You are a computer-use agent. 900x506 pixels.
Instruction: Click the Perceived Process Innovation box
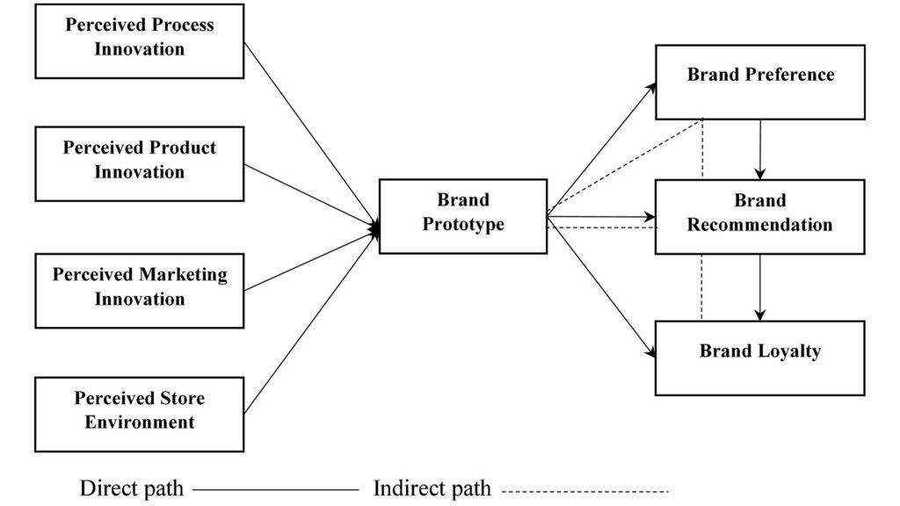pos(140,41)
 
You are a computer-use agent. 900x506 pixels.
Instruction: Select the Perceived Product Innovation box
pos(140,164)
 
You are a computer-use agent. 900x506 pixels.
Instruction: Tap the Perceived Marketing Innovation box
pos(140,291)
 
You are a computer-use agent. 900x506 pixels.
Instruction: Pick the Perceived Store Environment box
pos(140,415)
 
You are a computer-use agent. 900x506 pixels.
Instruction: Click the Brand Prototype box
pos(463,216)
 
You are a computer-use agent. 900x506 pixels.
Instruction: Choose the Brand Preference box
pos(760,82)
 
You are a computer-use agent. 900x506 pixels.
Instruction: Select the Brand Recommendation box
pos(760,217)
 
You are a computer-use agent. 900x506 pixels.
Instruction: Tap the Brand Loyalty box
pos(760,358)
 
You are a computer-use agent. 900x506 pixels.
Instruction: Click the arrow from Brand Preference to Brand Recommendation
pos(760,149)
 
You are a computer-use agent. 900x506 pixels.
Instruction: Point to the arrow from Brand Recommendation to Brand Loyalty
pos(760,287)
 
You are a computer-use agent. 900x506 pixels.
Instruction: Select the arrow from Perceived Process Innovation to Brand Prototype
pos(312,136)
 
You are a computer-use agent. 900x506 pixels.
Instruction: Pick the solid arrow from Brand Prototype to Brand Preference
pos(601,149)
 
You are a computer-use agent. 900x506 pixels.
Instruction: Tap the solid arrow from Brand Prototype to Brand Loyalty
pos(601,287)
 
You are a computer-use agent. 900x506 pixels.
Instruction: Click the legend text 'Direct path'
pos(132,488)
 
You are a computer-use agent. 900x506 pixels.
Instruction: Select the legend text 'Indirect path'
pos(432,488)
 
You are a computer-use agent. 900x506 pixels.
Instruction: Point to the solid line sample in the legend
pos(275,490)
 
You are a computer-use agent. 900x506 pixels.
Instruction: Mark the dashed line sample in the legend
pos(585,491)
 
